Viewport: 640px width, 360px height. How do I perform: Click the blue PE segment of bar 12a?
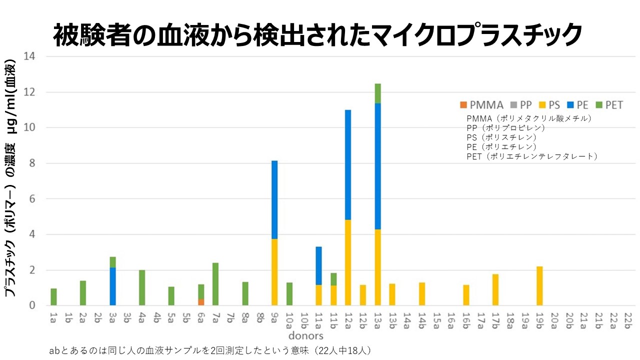click(x=348, y=165)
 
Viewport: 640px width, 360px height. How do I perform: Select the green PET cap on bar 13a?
click(x=377, y=93)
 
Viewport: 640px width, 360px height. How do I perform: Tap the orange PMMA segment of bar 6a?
click(x=201, y=302)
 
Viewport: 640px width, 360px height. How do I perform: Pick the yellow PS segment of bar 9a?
click(x=274, y=272)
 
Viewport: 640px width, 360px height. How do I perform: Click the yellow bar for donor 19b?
click(x=539, y=286)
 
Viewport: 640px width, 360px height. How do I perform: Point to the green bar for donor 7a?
click(x=215, y=284)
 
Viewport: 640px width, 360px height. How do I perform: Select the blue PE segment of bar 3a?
click(x=113, y=286)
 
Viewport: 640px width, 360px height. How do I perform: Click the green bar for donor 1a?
click(x=53, y=297)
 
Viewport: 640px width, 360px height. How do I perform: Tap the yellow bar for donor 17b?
click(x=495, y=289)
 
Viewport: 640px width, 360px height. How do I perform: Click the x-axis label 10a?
click(x=289, y=320)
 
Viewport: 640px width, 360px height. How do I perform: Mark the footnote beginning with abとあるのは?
click(x=210, y=350)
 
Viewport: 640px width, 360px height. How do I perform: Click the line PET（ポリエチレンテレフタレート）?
click(x=532, y=156)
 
